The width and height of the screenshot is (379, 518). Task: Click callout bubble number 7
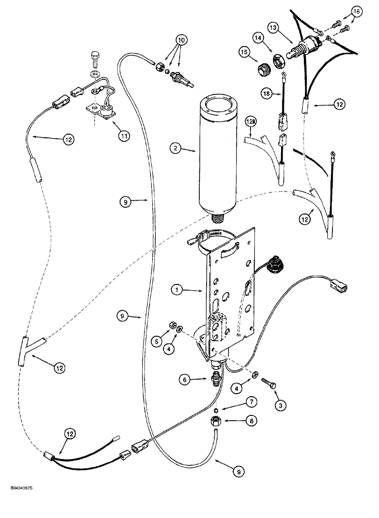click(x=251, y=402)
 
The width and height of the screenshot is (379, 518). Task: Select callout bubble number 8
click(x=252, y=421)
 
